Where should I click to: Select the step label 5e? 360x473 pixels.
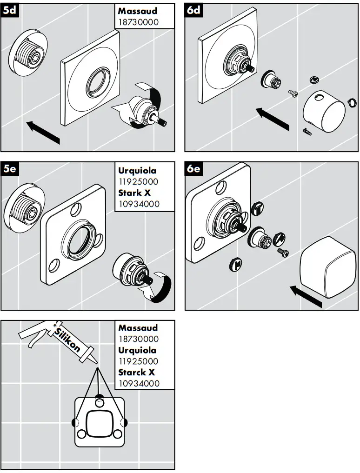pos(9,169)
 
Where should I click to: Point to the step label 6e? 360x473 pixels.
pos(193,169)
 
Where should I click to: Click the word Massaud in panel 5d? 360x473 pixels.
pos(138,10)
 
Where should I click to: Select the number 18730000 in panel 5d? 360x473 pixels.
pos(138,21)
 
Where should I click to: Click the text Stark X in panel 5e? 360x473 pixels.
pos(135,193)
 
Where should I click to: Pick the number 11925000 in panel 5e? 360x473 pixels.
pos(138,182)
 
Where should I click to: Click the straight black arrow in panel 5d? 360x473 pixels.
pos(43,131)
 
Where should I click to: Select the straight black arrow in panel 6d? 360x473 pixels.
pos(272,118)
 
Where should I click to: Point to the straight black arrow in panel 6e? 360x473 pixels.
pos(306,296)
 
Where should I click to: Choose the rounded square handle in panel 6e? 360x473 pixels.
pos(324,267)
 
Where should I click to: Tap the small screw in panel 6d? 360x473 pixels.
pos(293,93)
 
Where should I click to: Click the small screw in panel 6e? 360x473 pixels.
pos(283,252)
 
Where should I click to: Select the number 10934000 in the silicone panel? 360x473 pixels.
pos(138,383)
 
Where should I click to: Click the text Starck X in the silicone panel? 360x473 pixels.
pos(136,373)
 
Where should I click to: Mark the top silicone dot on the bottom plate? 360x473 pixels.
pos(99,398)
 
